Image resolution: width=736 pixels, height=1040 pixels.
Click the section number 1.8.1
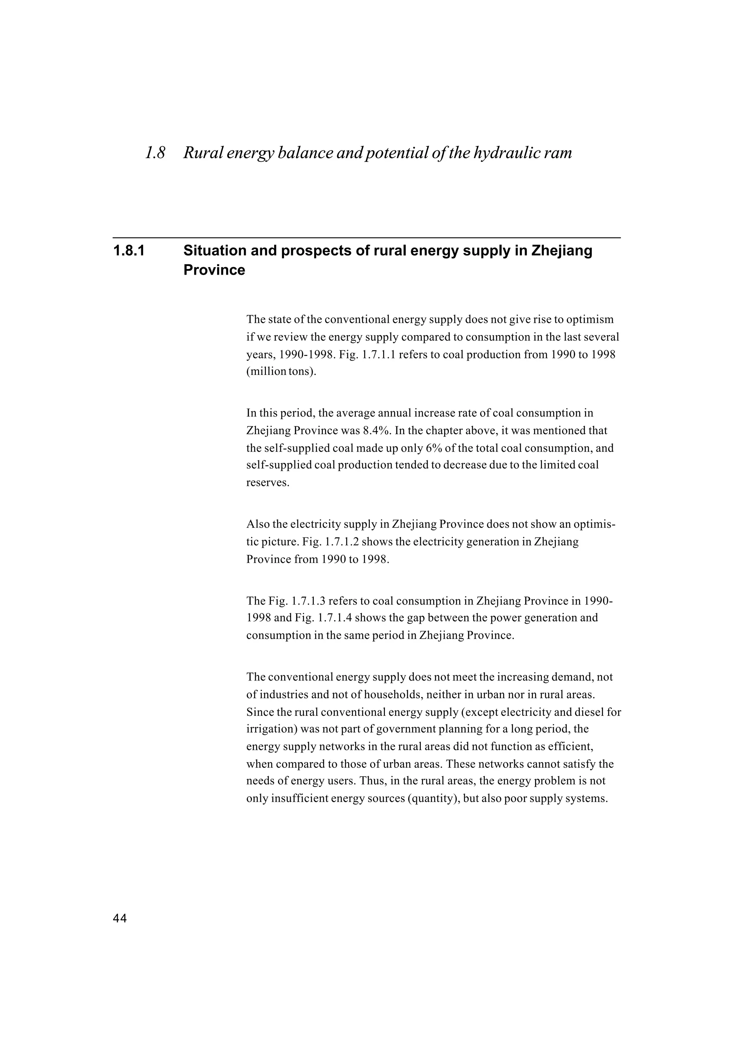tap(129, 251)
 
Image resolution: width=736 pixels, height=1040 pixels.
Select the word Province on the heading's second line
tap(214, 270)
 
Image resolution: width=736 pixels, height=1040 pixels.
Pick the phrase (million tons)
tap(281, 372)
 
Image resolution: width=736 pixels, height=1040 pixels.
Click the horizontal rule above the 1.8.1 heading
tap(366, 238)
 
